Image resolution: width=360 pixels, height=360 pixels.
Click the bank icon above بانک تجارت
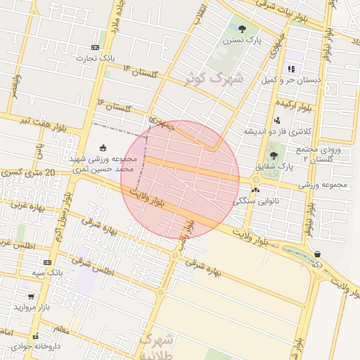click(96, 47)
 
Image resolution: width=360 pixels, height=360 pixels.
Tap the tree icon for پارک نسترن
click(243, 29)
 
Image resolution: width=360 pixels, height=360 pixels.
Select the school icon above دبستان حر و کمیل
click(291, 69)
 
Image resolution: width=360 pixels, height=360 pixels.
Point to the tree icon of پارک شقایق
click(274, 155)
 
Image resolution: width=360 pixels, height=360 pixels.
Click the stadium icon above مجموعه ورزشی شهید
click(104, 148)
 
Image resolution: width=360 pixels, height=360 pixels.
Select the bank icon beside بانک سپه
click(47, 262)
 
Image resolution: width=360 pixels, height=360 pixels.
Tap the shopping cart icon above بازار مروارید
click(32, 296)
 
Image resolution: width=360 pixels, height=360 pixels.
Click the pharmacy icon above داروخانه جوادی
click(35, 337)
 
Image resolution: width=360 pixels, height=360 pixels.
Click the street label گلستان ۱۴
click(139, 72)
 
